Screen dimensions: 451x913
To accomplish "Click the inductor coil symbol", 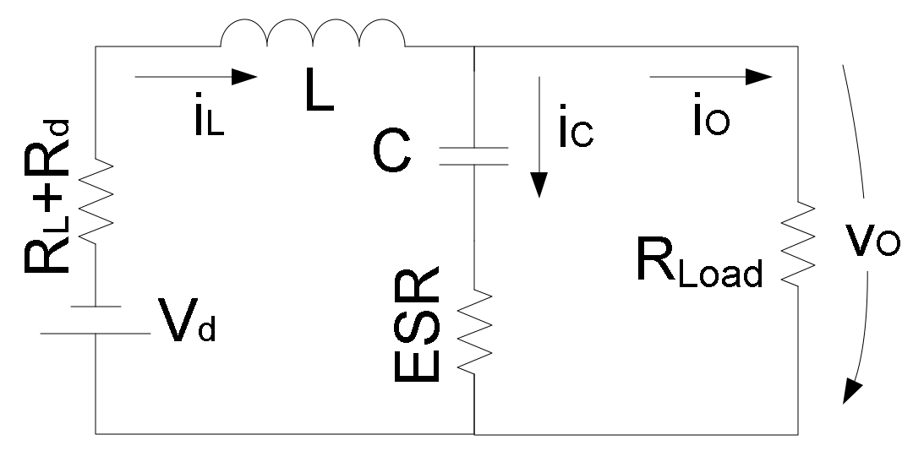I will point(312,33).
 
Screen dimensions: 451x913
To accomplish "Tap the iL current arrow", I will point(194,77).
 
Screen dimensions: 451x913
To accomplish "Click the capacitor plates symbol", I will point(474,155).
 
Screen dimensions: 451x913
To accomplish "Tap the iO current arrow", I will point(710,77).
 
